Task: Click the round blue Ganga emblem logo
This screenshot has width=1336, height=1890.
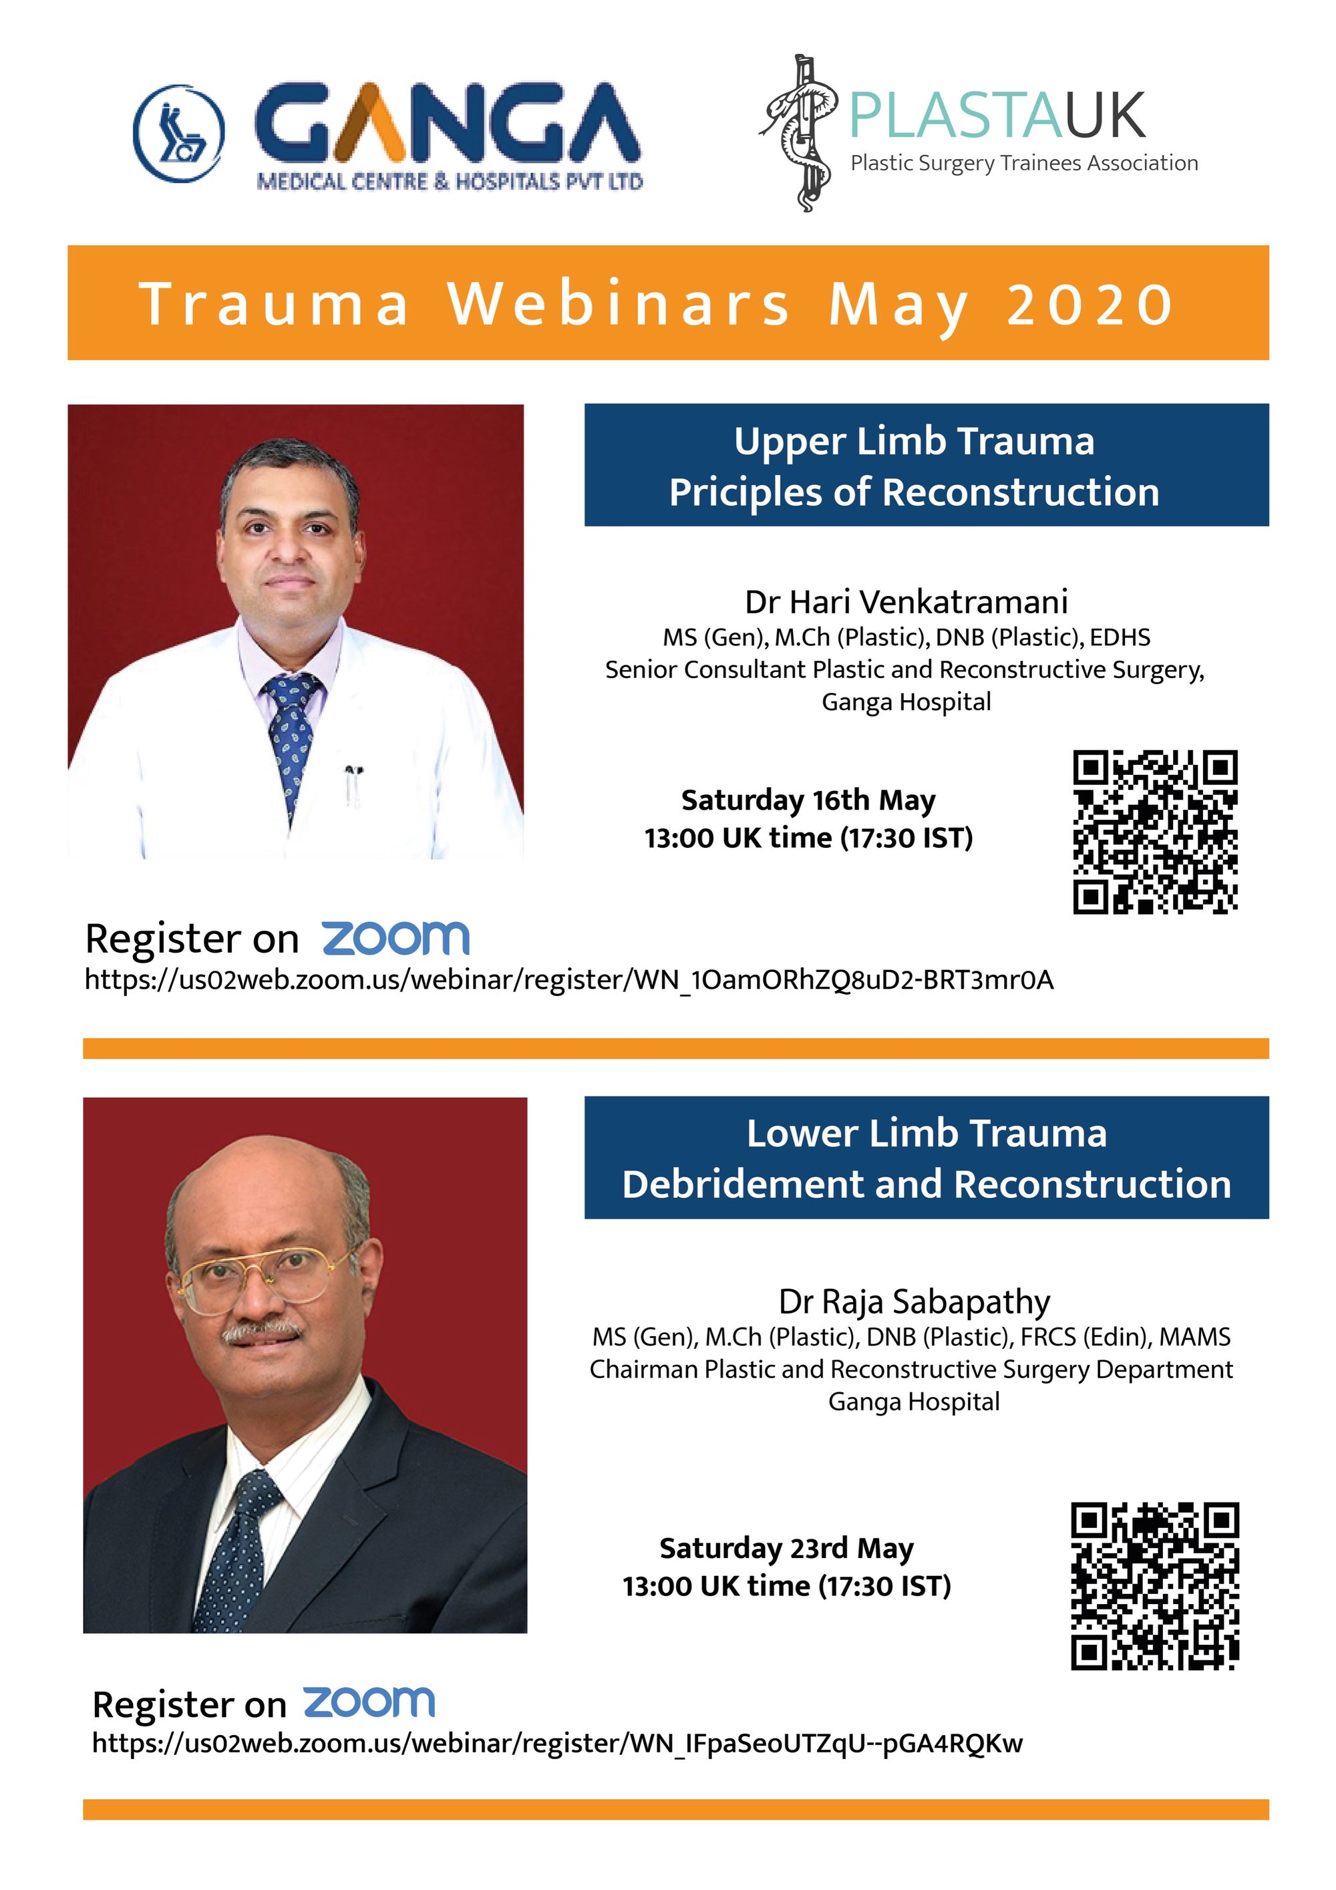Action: tap(178, 132)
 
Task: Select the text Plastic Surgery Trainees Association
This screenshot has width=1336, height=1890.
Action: tap(1024, 164)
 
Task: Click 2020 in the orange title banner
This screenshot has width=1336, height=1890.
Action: tap(1091, 304)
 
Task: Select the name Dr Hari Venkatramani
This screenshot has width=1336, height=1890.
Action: tap(906, 602)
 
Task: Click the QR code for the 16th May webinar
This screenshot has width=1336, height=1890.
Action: tap(1155, 831)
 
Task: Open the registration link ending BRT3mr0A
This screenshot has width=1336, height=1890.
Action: tap(569, 979)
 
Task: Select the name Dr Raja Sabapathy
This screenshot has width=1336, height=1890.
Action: tap(914, 1301)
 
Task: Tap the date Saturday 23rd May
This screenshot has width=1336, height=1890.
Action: tap(786, 1549)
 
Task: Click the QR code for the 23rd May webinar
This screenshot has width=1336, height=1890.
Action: tap(1155, 1586)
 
